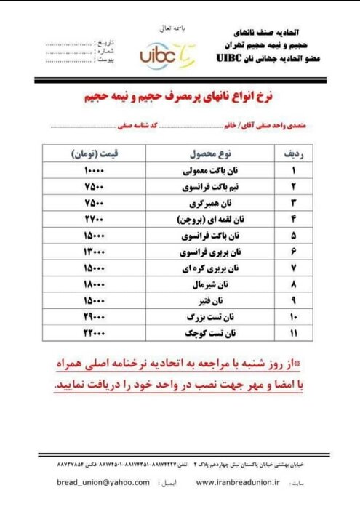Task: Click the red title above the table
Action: click(x=181, y=97)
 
